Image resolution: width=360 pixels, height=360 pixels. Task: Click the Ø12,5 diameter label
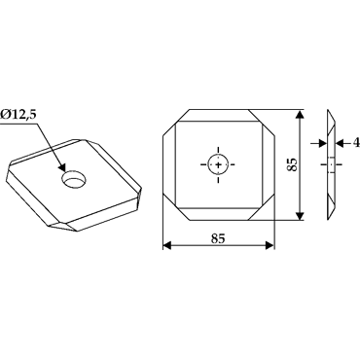(18, 115)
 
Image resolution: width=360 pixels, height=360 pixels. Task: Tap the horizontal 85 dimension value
(218, 238)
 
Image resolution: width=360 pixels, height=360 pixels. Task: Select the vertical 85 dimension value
(291, 164)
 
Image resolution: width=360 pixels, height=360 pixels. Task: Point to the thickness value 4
(357, 142)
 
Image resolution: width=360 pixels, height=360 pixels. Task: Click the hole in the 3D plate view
(74, 179)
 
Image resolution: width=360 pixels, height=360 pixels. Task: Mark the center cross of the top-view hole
(218, 164)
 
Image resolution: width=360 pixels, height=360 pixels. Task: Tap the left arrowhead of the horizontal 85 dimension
(166, 245)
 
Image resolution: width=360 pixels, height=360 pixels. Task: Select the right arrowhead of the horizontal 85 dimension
(270, 245)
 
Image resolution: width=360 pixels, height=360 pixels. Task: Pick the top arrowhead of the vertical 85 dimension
(301, 114)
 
